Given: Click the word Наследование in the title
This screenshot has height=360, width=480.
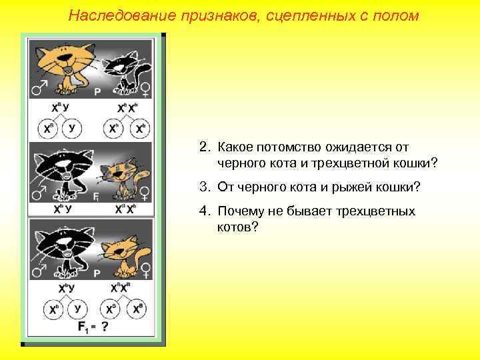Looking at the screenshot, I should point(112,15).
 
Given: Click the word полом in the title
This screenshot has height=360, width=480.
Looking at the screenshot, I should point(397,15).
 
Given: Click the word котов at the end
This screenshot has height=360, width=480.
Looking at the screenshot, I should point(235,227).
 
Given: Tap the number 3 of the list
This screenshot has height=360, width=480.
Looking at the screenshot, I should point(202,187).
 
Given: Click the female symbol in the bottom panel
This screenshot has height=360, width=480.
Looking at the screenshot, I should point(145,271).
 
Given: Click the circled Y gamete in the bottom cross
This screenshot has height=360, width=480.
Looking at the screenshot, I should point(79,309).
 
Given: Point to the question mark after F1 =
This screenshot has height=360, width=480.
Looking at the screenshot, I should point(104,328).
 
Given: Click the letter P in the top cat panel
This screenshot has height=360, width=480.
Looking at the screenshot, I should point(98,93).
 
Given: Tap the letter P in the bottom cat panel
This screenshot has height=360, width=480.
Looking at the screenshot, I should point(98,273).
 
